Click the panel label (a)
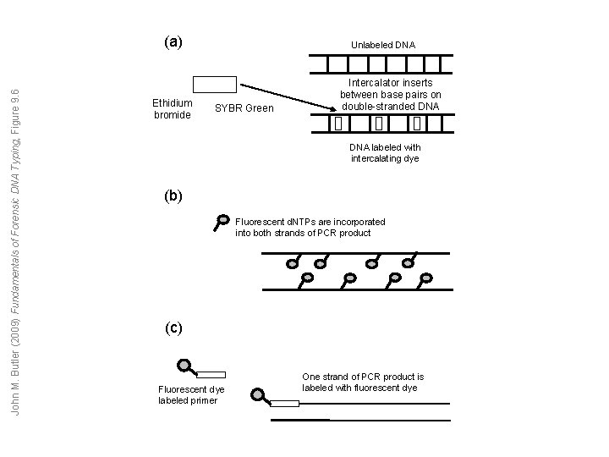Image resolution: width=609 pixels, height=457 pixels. [173, 41]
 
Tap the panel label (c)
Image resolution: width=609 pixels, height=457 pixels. [173, 328]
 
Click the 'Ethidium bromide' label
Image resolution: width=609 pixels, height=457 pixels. [173, 108]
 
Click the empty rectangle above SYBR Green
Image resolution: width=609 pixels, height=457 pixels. [215, 84]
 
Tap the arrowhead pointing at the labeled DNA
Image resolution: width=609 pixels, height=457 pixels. [332, 107]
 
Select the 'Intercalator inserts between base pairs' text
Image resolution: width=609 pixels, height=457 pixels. [390, 95]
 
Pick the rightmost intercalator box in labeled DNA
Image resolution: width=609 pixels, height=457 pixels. [418, 124]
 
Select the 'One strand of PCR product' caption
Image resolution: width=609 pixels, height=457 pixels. [363, 382]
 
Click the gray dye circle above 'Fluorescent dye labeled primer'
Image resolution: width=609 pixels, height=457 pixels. [183, 366]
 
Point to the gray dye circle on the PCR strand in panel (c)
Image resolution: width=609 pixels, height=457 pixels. [257, 394]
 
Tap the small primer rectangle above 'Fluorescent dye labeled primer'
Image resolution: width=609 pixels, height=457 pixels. [211, 373]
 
